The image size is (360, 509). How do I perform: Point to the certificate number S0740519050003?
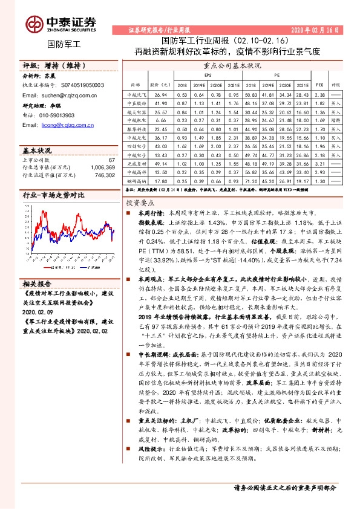coord(80,86)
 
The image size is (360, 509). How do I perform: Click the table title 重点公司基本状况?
coord(232,64)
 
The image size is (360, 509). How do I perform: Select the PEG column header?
coord(321,85)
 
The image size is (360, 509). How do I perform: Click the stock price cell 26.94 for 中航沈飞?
coord(160,96)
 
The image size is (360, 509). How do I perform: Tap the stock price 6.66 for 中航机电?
coord(160,121)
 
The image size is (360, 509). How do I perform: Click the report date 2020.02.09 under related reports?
coord(38,311)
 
